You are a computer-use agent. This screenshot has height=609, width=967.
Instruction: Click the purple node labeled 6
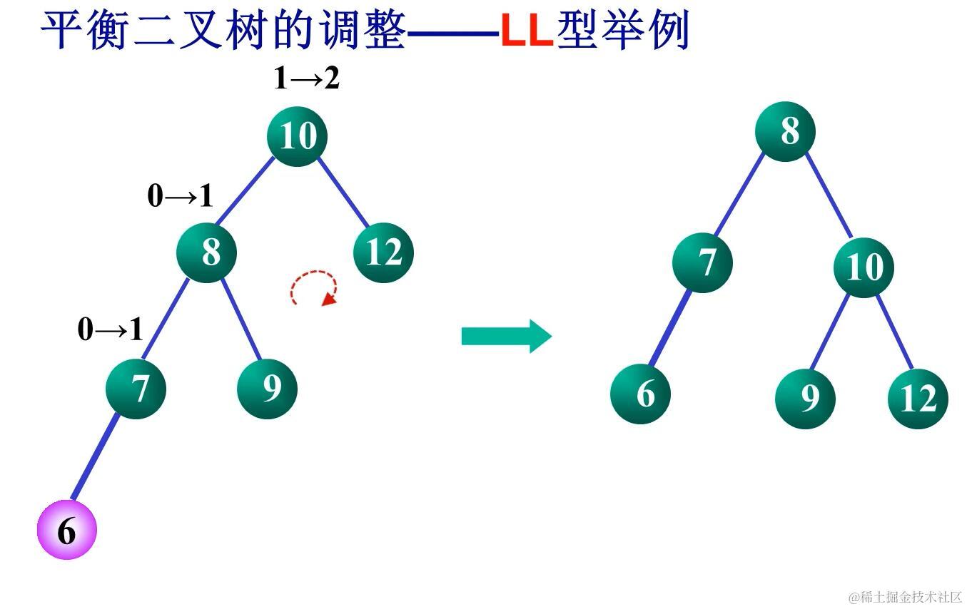coord(66,530)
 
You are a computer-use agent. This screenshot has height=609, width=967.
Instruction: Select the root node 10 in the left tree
coord(297,135)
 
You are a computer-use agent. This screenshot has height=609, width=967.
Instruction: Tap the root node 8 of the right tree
coord(785,131)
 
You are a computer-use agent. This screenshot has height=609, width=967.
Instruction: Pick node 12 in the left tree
coord(383,252)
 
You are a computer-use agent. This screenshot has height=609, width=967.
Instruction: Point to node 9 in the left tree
coord(267,389)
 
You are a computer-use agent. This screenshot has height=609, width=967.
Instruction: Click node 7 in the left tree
coord(136,389)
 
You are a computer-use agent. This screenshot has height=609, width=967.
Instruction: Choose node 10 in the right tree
coord(864,267)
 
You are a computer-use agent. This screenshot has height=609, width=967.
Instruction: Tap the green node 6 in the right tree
coord(641,393)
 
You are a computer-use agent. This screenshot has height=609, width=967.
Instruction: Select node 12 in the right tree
coord(918,399)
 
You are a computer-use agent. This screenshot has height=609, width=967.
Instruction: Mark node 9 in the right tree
coord(805,399)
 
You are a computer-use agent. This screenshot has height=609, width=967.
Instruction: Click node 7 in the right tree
coord(702,262)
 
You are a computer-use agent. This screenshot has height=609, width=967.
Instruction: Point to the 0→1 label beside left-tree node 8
coord(180,196)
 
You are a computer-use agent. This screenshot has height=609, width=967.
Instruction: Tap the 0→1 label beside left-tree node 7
coord(110,329)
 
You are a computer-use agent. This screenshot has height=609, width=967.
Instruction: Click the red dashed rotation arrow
coord(314,288)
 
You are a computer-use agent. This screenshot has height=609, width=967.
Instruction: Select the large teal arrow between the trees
coord(506,336)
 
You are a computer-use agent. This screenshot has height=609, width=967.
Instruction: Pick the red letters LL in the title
coord(527,31)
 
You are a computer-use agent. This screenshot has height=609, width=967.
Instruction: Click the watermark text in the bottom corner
coord(904,597)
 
